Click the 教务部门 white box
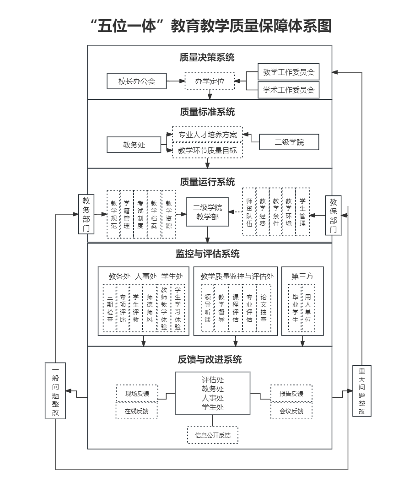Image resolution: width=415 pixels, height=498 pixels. click(86, 214)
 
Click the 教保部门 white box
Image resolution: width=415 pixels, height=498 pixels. click(333, 215)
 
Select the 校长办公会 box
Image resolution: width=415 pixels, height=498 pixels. click(137, 81)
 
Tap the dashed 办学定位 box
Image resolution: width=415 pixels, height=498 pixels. click(210, 81)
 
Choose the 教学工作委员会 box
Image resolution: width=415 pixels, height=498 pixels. click(289, 72)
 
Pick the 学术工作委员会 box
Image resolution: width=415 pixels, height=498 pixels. click(289, 90)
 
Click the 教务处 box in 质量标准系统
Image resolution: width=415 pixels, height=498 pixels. click(134, 145)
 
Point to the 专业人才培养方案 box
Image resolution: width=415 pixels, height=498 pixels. click(208, 135)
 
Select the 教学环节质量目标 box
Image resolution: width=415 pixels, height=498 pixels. click(208, 150)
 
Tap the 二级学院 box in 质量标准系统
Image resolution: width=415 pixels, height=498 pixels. click(289, 142)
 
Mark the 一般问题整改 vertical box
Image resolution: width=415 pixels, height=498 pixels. click(55, 390)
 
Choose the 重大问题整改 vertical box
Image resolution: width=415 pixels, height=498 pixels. click(362, 390)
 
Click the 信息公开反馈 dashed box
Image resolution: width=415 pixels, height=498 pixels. click(213, 435)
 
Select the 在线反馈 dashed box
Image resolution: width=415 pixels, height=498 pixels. click(137, 411)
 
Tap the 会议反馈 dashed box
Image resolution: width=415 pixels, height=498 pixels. click(291, 411)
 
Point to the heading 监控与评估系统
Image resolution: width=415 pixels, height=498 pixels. click(207, 254)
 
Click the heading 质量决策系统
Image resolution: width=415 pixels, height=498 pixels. click(207, 58)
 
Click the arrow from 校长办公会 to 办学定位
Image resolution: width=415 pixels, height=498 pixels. click(175, 81)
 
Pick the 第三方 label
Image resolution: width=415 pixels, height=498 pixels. click(302, 276)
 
